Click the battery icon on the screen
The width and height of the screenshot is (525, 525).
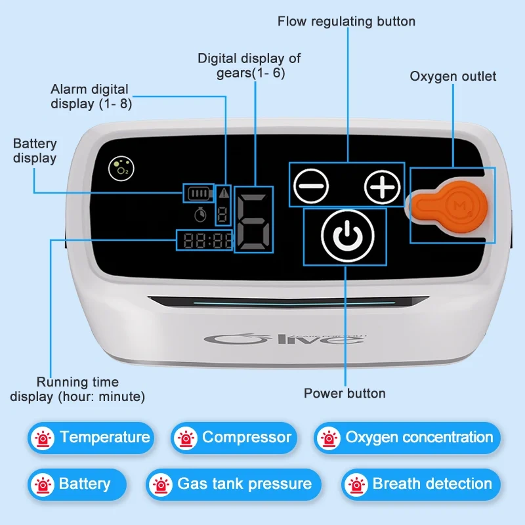(198, 194)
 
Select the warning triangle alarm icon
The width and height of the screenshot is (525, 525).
(224, 193)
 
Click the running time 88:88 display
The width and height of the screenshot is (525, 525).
(203, 241)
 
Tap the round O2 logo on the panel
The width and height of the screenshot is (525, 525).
(119, 168)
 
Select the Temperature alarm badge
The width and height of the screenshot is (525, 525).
(90, 438)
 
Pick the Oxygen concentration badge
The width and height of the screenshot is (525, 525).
(408, 438)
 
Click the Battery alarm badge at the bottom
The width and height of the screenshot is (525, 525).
(77, 484)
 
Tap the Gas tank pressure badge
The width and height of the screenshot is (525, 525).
(234, 484)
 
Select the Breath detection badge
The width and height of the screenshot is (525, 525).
(421, 484)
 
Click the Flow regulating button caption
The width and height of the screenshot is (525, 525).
(346, 22)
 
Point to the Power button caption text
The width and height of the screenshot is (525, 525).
(345, 394)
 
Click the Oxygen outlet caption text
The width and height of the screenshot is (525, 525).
(453, 76)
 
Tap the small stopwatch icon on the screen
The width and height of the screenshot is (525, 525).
(200, 214)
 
